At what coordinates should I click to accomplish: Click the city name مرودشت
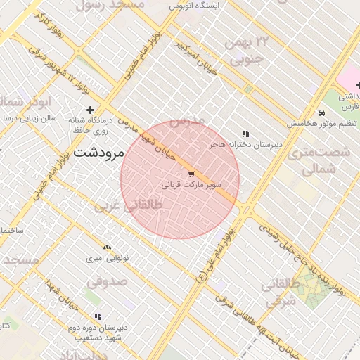coord(98,152)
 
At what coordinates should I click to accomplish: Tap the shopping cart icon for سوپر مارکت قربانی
coord(191,174)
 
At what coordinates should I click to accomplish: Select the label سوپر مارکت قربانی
coord(192,186)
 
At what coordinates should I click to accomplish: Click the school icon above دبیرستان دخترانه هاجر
coord(245,134)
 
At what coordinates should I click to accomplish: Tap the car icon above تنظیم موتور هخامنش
coord(321,112)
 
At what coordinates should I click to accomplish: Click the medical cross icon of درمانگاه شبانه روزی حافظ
coord(89,110)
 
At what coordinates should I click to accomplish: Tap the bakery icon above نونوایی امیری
coord(107,247)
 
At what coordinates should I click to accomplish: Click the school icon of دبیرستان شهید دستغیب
coord(98,317)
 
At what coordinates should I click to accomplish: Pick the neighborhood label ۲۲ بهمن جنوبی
coord(246,52)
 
